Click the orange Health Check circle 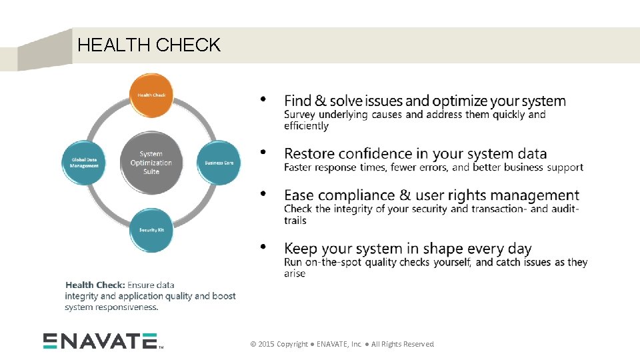pos(151,95)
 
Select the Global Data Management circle pos(85,162)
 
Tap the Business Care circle pos(218,162)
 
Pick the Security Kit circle pos(151,230)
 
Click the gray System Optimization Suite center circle pos(151,163)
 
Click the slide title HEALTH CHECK pos(149,45)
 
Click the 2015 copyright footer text pos(342,344)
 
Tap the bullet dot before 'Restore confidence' pos(263,153)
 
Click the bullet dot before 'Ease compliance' pos(263,194)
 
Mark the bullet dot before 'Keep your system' pos(263,247)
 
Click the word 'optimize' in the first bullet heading pos(459,101)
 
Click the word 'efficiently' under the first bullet pos(306,126)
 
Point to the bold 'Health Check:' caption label pos(95,285)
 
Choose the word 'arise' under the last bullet pos(295,273)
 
